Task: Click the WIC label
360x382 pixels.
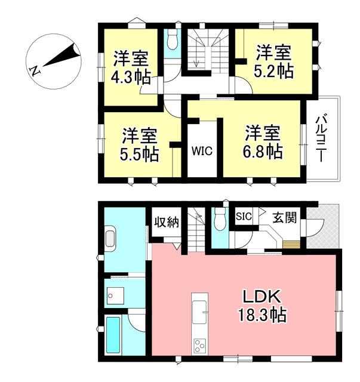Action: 202,151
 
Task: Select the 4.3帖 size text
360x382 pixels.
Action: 131,77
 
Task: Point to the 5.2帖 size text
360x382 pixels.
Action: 273,71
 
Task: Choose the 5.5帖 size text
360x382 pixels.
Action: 140,154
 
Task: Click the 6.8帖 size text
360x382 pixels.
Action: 263,152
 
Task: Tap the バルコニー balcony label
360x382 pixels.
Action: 321,138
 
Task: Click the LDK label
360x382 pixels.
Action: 261,297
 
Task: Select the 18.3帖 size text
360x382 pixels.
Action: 262,315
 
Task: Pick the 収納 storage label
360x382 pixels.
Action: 167,222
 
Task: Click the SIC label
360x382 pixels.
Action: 244,216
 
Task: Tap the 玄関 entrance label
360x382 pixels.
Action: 284,217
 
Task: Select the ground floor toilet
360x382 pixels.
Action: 220,218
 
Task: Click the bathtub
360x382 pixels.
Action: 113,334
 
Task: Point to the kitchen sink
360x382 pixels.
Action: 199,312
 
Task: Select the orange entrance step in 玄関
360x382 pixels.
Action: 291,244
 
